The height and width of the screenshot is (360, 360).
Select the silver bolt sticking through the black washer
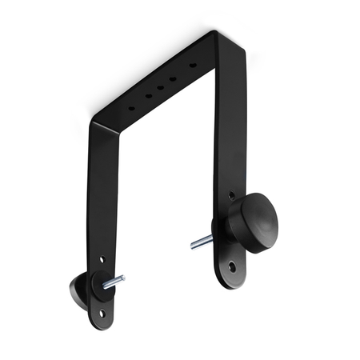point(115,281)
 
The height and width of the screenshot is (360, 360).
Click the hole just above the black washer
point(102,260)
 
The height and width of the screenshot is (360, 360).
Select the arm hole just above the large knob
point(232,194)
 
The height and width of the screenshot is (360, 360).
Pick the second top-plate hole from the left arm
point(147,94)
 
